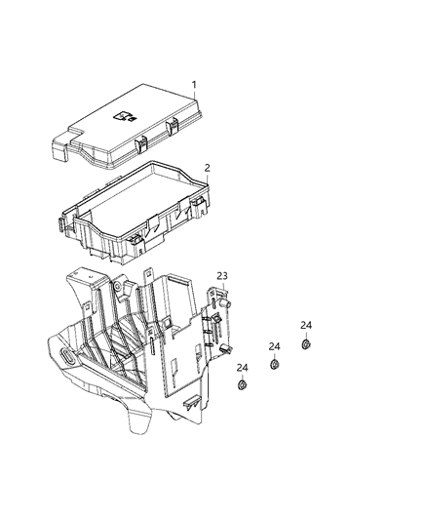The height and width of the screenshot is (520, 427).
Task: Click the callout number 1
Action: [x=193, y=85]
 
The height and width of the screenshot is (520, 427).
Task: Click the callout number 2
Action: [x=207, y=168]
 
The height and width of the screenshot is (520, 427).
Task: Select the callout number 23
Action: [x=222, y=276]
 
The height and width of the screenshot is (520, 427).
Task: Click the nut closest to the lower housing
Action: [x=241, y=385]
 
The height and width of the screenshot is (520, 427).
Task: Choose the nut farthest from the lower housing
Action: [x=305, y=344]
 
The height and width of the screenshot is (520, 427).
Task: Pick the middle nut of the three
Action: [x=274, y=364]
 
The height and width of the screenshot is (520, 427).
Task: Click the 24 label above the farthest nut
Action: [x=306, y=325]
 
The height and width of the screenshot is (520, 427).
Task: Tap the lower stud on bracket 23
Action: [x=226, y=348]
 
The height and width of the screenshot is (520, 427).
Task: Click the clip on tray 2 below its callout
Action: [x=199, y=204]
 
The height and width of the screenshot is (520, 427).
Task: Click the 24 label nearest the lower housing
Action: [x=242, y=367]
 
